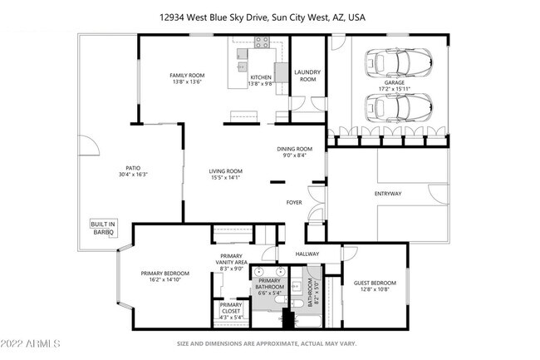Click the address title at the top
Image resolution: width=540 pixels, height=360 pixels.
[269, 16]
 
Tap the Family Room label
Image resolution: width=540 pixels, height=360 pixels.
[187, 76]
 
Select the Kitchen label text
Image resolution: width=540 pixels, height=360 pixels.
[261, 76]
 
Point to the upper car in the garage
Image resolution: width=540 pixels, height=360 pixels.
[399, 62]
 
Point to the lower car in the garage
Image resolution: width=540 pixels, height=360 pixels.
[399, 106]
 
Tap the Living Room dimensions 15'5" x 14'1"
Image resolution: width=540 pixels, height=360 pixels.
[224, 177]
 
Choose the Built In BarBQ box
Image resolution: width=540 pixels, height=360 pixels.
[103, 227]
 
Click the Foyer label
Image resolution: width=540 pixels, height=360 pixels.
[294, 202]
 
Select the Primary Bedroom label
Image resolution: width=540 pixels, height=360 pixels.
[164, 274]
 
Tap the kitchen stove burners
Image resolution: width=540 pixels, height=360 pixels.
[262, 42]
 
